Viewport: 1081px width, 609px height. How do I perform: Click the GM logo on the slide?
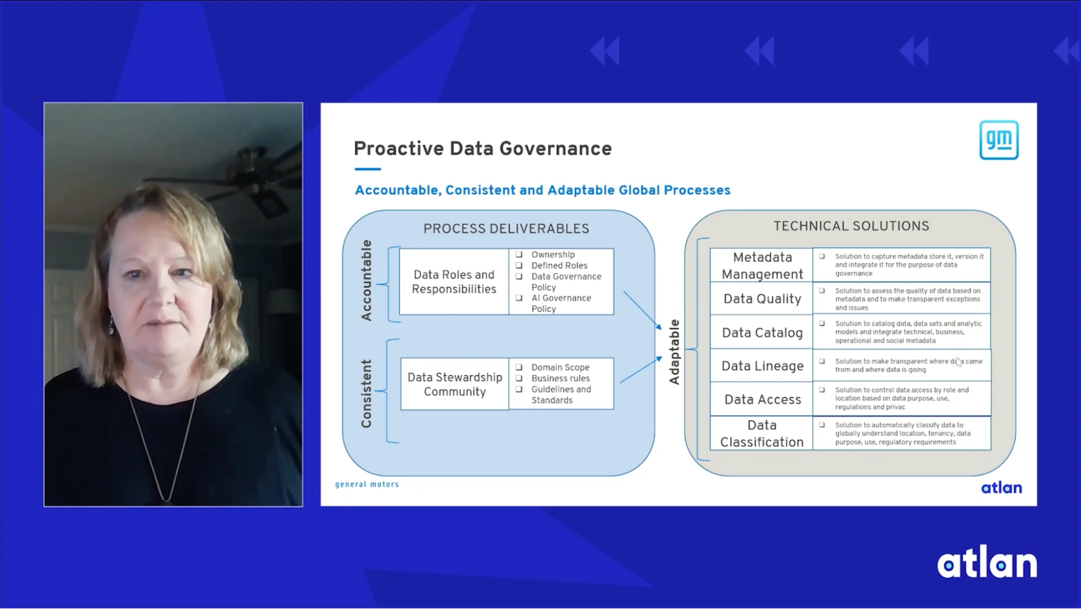[998, 140]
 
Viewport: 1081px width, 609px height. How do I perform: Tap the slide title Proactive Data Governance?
[482, 148]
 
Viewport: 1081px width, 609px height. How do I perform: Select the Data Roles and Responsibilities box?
[454, 282]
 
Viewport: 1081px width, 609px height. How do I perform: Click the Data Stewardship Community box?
[455, 384]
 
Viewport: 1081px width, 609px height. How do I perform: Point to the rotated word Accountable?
[367, 280]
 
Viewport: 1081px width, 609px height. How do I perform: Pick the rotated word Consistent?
[367, 393]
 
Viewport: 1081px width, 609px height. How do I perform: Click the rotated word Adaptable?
[674, 352]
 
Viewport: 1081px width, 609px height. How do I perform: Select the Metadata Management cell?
[761, 265]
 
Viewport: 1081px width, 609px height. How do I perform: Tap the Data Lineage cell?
[762, 366]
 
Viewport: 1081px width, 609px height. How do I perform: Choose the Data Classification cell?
[761, 433]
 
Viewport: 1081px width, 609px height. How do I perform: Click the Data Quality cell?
[761, 299]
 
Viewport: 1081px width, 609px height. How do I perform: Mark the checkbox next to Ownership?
[519, 254]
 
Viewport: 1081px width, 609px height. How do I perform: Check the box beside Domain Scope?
[519, 367]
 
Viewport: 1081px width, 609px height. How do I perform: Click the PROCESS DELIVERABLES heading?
[506, 228]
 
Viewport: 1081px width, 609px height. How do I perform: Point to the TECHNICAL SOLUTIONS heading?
[851, 226]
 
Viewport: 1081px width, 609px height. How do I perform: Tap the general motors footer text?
[367, 484]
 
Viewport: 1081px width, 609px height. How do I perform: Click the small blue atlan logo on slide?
[1001, 488]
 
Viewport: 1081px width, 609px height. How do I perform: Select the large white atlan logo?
[986, 564]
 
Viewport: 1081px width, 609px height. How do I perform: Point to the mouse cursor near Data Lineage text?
[958, 362]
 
